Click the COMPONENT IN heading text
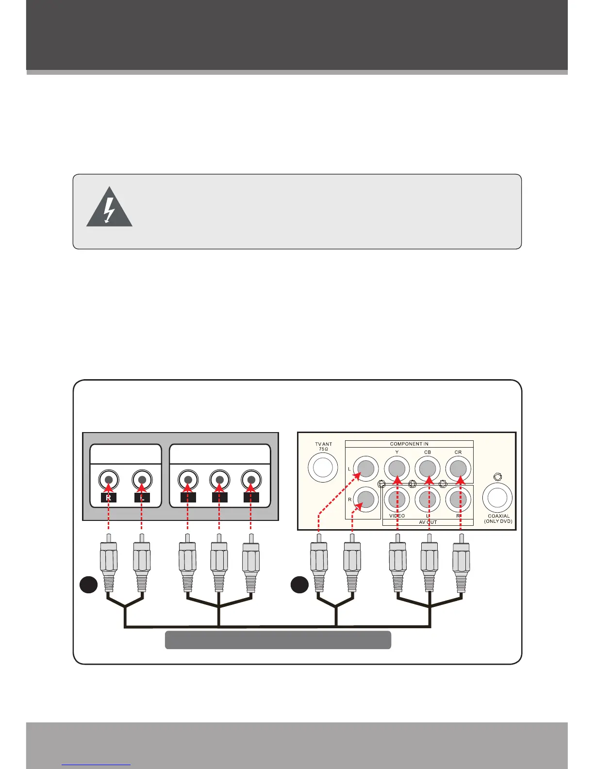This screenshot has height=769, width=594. (x=409, y=444)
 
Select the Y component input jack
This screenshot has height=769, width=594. (x=397, y=469)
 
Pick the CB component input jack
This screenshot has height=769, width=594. (x=428, y=469)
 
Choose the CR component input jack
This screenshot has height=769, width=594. (x=458, y=469)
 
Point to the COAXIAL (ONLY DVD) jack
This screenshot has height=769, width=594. (x=497, y=497)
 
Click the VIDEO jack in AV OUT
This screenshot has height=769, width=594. (x=397, y=499)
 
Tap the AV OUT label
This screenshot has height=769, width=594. (x=428, y=522)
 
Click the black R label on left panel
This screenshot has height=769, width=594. (x=109, y=498)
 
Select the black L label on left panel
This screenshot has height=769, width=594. (x=142, y=498)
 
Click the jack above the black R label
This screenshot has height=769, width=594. (x=109, y=480)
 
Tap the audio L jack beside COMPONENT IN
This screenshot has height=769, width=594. (x=366, y=469)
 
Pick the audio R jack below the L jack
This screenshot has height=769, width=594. (x=366, y=499)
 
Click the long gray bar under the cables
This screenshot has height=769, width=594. (x=278, y=640)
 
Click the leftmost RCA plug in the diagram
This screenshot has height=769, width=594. (x=108, y=563)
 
